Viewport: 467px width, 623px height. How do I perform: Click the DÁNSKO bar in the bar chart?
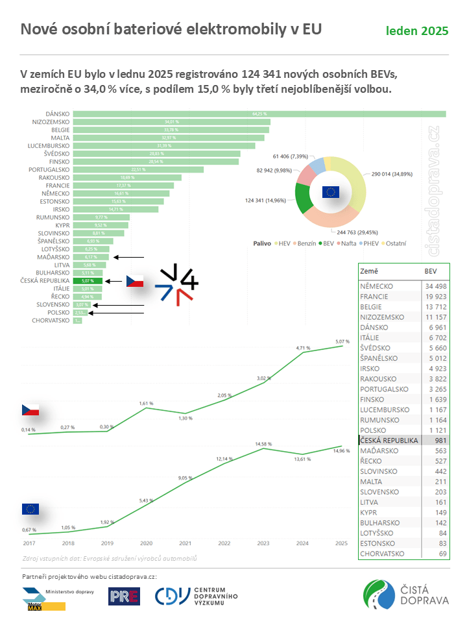(x=259, y=114)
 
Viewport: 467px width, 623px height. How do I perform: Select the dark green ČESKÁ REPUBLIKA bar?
(x=88, y=281)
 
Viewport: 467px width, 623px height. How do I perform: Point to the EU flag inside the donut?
(x=331, y=191)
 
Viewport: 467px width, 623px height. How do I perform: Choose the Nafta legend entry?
(x=342, y=243)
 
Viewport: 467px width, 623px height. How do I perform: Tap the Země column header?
(x=370, y=271)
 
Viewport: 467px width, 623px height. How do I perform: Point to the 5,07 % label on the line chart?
(x=343, y=341)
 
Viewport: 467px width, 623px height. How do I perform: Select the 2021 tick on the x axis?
(x=185, y=543)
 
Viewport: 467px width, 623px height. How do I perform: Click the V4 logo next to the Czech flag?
(x=176, y=283)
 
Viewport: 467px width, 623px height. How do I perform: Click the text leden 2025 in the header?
(x=417, y=31)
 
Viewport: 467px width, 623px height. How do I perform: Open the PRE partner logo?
(x=125, y=596)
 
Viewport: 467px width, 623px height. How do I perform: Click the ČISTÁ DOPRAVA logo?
(x=406, y=595)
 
